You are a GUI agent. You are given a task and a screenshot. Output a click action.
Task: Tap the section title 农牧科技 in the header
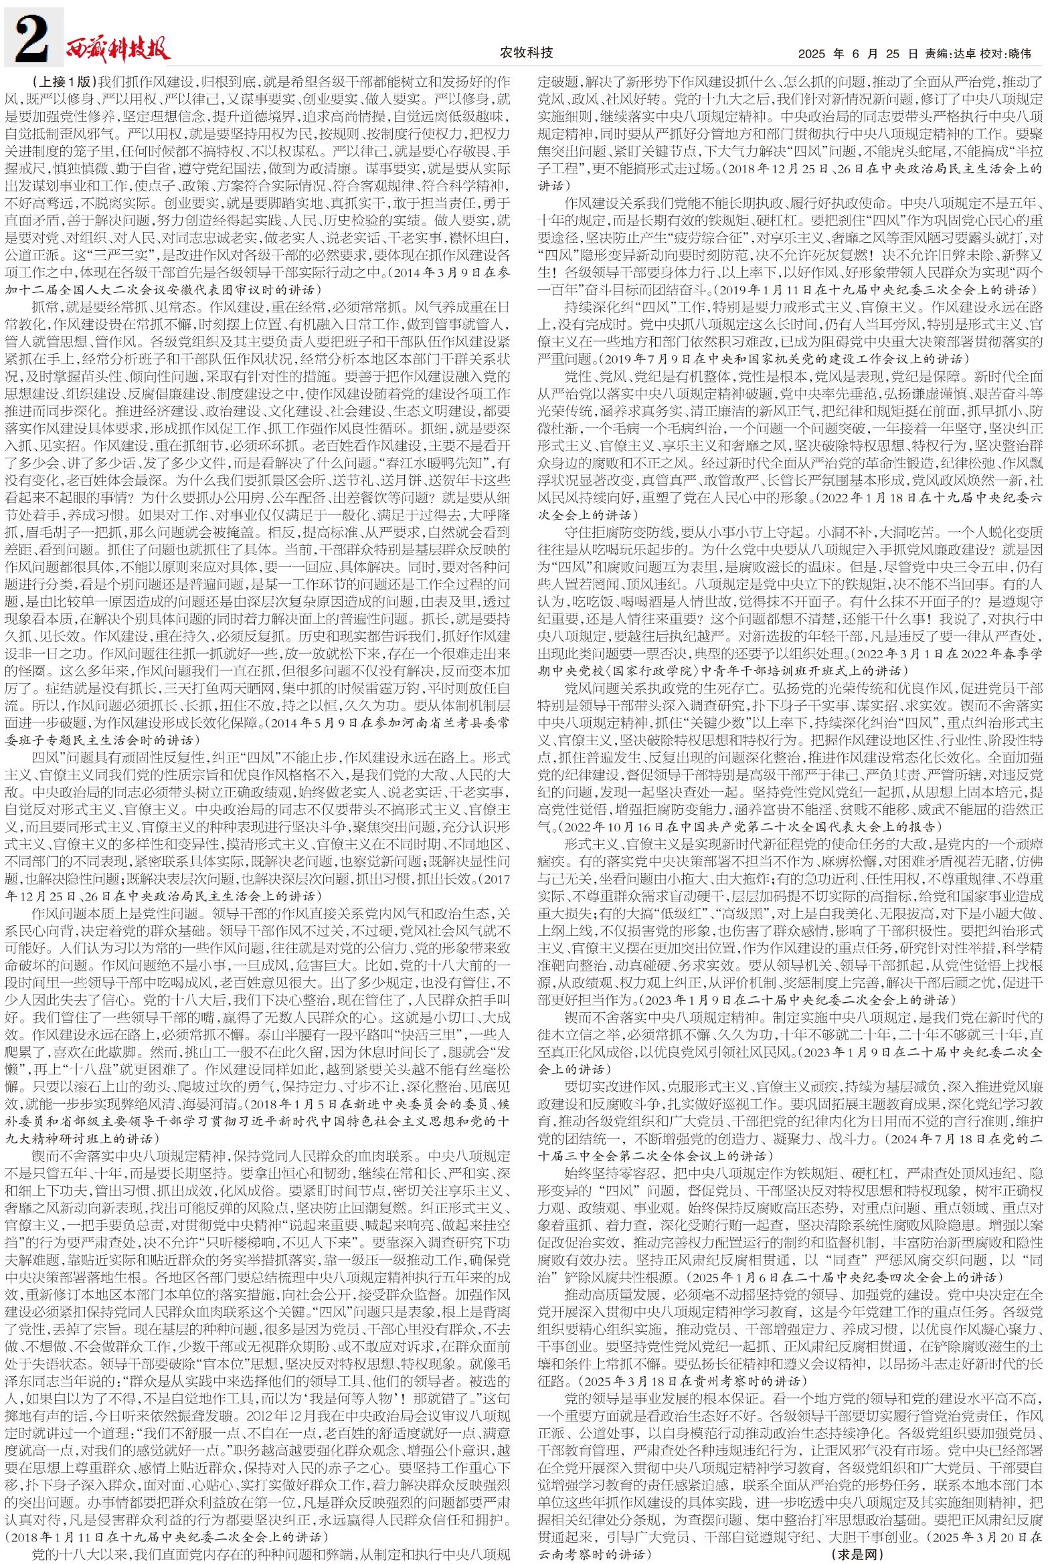[527, 52]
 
